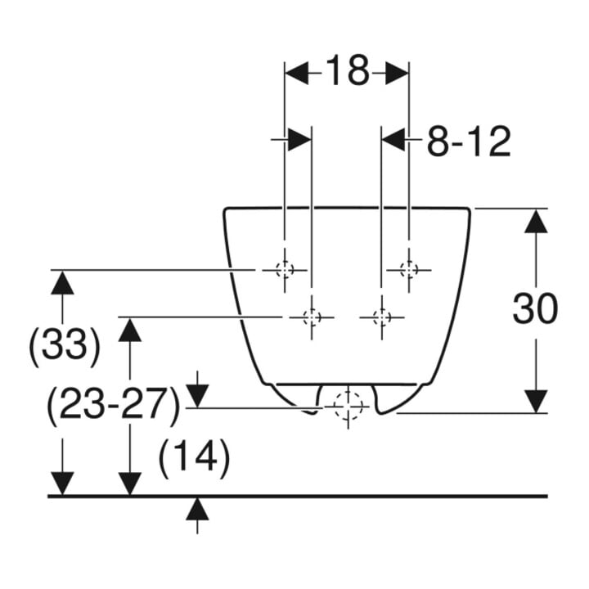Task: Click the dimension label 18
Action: click(347, 70)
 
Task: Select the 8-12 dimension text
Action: click(469, 142)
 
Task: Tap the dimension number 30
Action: click(535, 308)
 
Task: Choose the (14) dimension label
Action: click(194, 457)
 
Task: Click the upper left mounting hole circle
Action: click(285, 269)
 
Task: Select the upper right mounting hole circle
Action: click(409, 269)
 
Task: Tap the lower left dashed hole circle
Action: click(312, 317)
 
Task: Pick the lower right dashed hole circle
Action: click(382, 317)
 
